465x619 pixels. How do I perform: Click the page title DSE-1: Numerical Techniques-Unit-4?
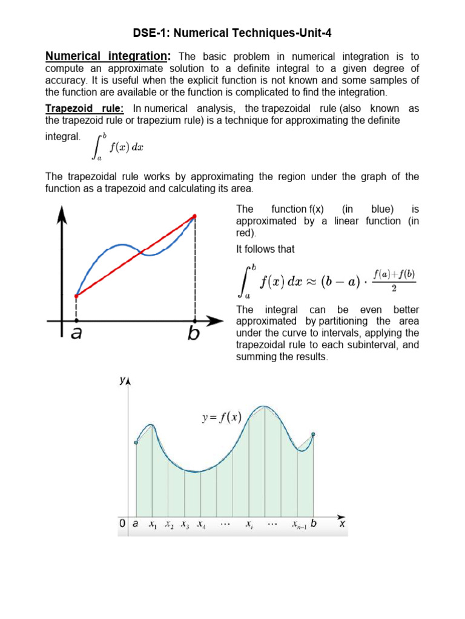click(232, 33)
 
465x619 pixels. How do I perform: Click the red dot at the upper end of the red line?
click(194, 216)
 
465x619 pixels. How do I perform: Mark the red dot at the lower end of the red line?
click(76, 296)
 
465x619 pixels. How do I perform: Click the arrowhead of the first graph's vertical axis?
click(61, 212)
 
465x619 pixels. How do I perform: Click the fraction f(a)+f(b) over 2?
click(394, 281)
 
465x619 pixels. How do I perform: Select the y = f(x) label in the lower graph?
click(222, 417)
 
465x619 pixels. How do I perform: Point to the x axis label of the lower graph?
click(342, 525)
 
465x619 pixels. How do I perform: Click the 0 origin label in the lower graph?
click(122, 525)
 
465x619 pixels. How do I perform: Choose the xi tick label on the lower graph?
click(249, 525)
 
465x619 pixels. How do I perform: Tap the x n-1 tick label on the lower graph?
click(299, 525)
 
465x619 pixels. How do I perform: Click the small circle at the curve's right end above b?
click(313, 434)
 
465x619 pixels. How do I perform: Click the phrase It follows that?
click(265, 249)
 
